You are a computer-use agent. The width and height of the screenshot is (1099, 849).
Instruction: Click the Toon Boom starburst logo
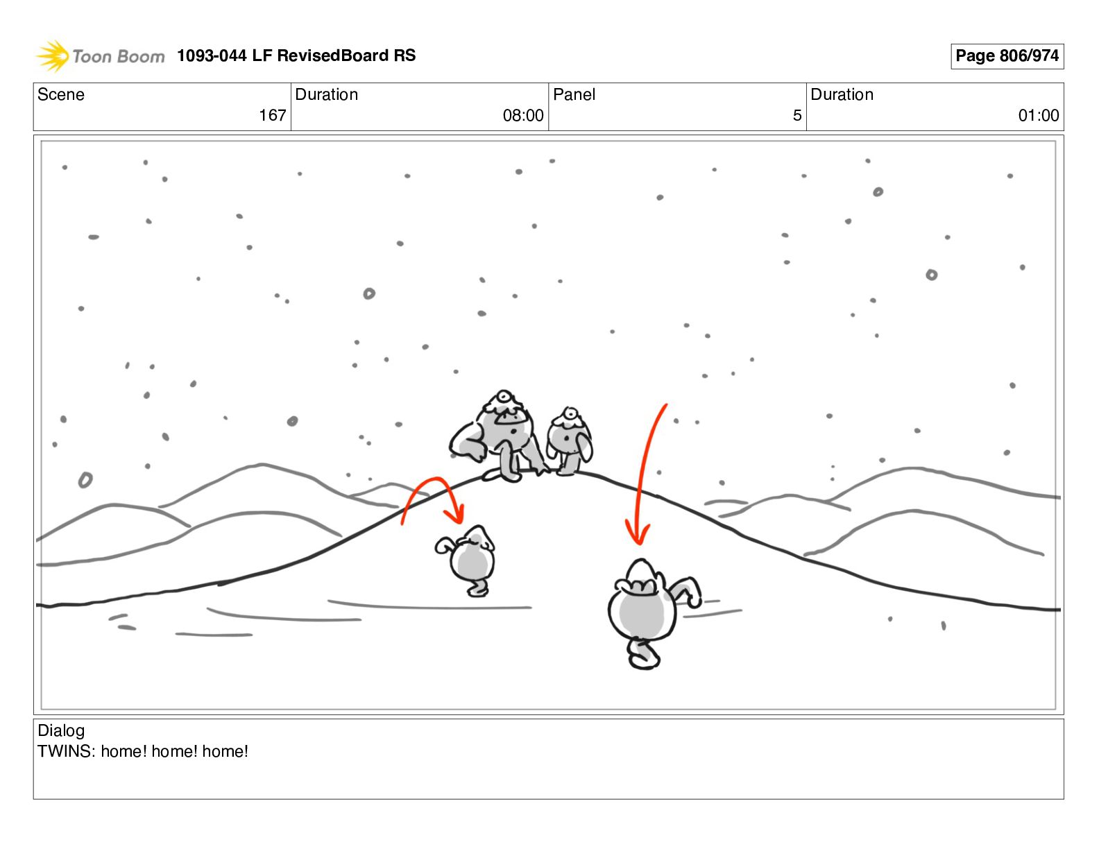click(x=52, y=55)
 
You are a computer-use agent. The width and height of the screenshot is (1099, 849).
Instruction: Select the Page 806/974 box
click(x=1007, y=56)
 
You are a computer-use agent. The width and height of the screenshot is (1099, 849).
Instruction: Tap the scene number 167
click(x=272, y=116)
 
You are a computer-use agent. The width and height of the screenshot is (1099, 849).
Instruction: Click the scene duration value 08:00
click(x=522, y=116)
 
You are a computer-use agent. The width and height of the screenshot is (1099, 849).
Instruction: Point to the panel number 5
click(x=797, y=116)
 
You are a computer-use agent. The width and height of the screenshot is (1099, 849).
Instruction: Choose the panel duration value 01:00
click(x=1039, y=116)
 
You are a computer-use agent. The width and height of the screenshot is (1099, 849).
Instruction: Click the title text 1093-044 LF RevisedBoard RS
click(x=296, y=55)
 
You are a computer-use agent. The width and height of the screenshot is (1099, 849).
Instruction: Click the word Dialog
click(x=61, y=730)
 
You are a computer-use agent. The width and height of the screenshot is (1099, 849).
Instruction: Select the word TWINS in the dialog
click(x=65, y=751)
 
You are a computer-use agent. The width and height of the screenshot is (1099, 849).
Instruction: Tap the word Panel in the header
click(x=574, y=94)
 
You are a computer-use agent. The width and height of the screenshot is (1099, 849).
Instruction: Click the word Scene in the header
click(x=60, y=94)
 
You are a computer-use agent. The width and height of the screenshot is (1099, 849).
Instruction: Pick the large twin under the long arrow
click(x=650, y=612)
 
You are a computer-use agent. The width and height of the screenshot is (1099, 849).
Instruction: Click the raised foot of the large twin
click(x=642, y=656)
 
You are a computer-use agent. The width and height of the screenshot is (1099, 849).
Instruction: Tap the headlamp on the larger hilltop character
click(x=504, y=397)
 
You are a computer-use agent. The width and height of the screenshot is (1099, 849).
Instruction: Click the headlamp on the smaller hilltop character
click(x=570, y=414)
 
